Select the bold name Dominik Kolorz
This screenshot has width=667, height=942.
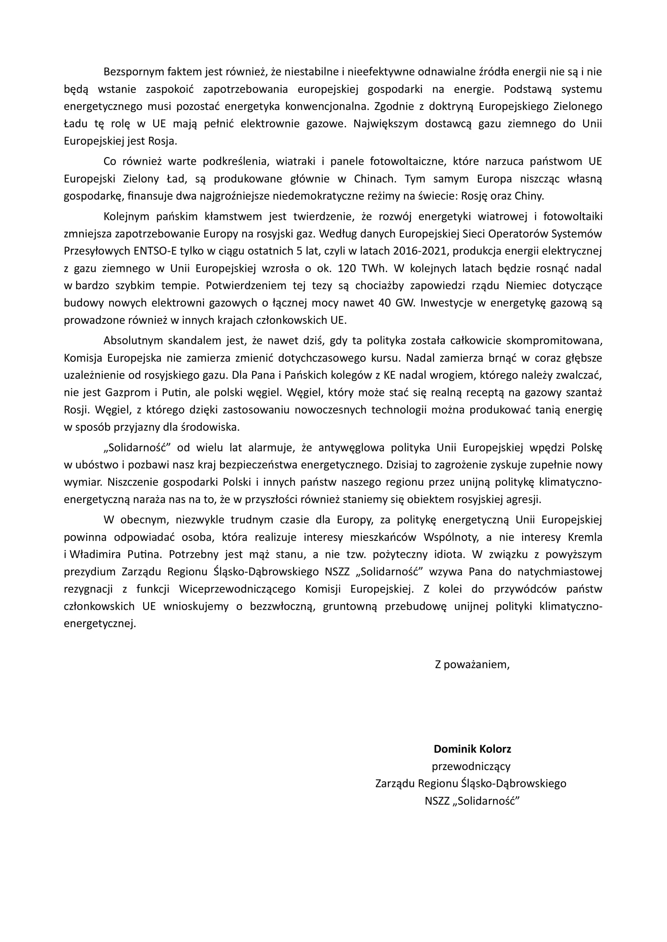(x=472, y=749)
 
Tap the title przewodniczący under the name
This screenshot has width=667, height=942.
(x=471, y=766)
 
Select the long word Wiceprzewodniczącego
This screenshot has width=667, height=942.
(x=238, y=589)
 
